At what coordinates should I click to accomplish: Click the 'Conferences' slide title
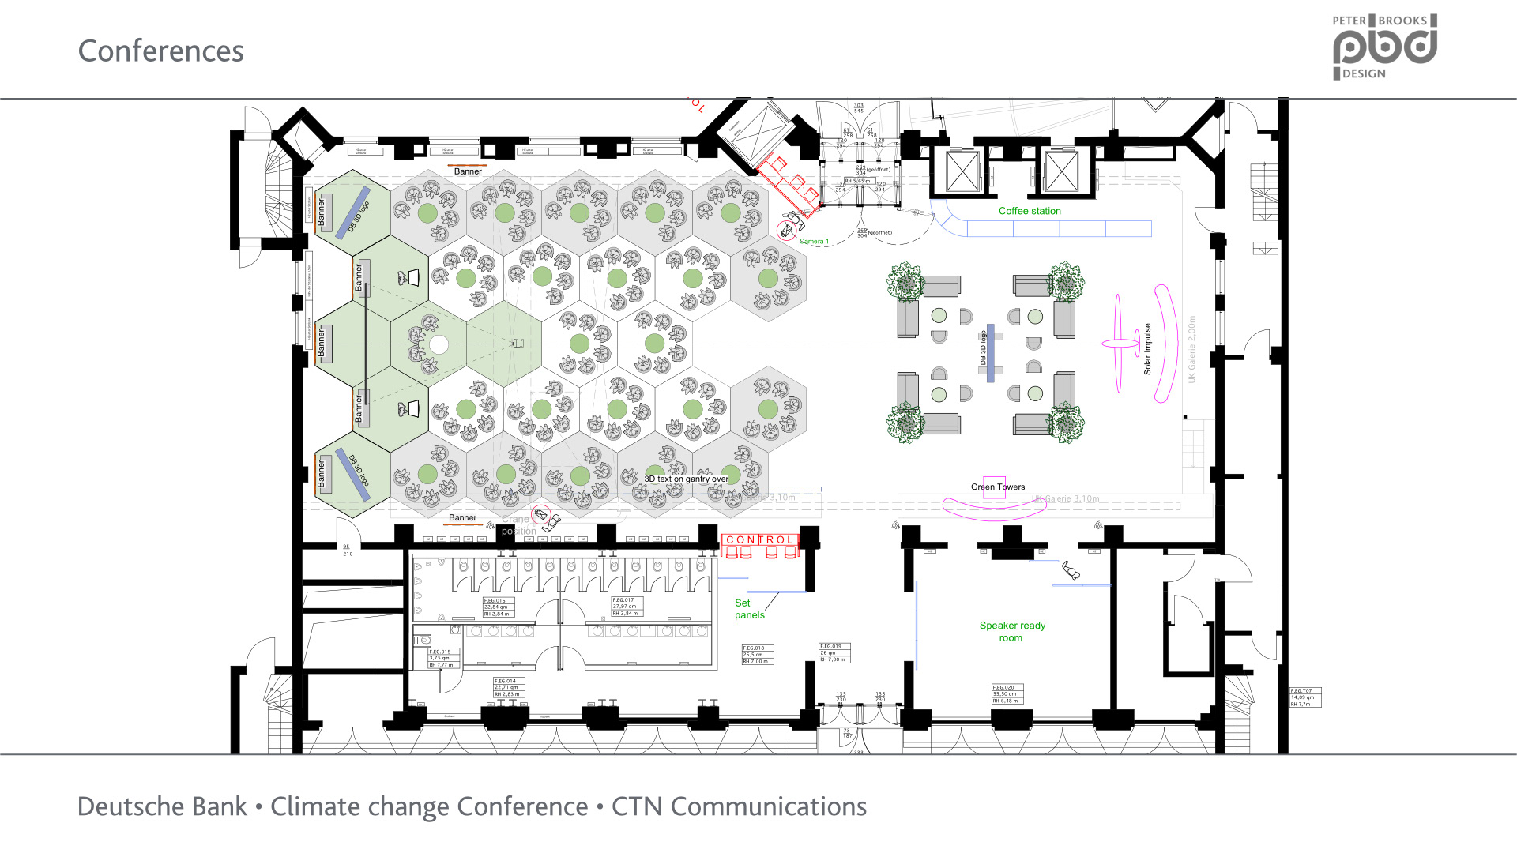(160, 51)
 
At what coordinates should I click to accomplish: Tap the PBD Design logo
(1384, 47)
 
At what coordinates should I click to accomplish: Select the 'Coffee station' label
(1030, 211)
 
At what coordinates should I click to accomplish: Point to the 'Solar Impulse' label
(1147, 348)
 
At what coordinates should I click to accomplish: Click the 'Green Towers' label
(998, 487)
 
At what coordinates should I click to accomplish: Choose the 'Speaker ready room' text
(1012, 631)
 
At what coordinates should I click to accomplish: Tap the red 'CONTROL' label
(759, 540)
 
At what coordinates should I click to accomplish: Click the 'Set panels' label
(749, 609)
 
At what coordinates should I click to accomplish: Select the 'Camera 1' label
(814, 242)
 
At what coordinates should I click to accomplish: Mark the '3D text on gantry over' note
(686, 479)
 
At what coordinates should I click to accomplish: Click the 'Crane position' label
(518, 525)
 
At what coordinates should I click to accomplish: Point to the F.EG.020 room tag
(1007, 693)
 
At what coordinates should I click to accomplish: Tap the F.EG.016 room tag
(498, 607)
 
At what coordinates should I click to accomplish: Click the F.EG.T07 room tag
(1304, 697)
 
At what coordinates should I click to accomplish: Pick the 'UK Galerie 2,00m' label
(1191, 349)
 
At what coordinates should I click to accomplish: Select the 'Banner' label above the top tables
(468, 171)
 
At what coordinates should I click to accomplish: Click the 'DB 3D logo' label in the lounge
(983, 348)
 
